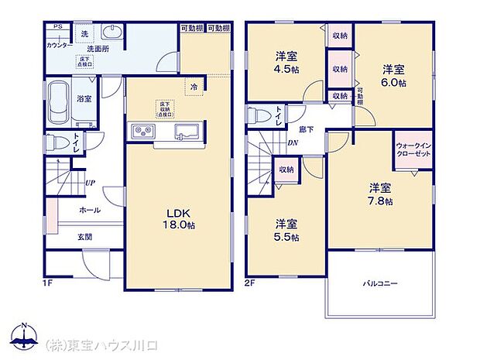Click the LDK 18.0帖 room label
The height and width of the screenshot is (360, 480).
pos(177,219)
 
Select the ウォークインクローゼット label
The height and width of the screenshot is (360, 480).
pos(410,149)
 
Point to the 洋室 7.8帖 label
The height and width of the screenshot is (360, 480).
pos(379,194)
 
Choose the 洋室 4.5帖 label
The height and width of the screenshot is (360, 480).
pos(286,62)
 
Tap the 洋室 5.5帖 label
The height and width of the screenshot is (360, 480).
pos(286,230)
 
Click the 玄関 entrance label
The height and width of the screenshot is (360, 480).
pos(84,238)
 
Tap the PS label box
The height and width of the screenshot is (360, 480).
pos(57,27)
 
